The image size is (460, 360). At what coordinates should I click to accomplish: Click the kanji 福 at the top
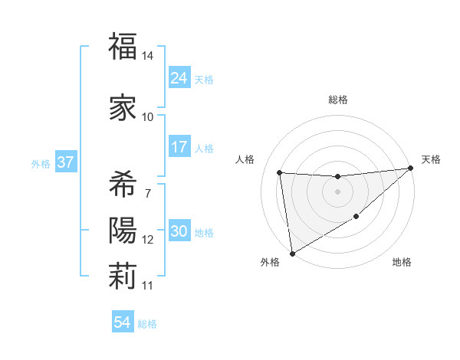point(123,47)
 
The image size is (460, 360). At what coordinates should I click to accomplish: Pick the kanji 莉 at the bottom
point(123,277)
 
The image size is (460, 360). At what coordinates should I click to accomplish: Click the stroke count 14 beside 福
point(148,57)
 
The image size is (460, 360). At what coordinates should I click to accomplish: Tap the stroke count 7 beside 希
point(147,192)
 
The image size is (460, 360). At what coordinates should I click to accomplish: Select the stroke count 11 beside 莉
point(148,286)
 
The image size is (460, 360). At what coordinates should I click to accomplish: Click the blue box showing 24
point(179,77)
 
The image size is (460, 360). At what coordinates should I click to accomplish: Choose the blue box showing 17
point(179,147)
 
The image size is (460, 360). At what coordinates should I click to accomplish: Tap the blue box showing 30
point(179,232)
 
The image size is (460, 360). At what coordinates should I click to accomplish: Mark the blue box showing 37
point(64,162)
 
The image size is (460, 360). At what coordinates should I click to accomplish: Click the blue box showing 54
point(122,322)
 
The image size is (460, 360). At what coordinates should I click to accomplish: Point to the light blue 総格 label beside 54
point(147,324)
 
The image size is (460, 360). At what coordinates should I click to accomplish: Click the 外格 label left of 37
point(40,163)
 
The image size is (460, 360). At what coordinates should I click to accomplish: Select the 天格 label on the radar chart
point(431,159)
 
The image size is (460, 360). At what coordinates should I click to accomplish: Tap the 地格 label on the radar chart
point(402,262)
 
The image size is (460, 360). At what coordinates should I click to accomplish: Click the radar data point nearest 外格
point(291,253)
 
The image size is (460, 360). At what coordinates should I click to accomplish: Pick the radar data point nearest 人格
point(280,172)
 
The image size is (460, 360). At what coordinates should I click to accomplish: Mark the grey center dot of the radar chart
point(337,191)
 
